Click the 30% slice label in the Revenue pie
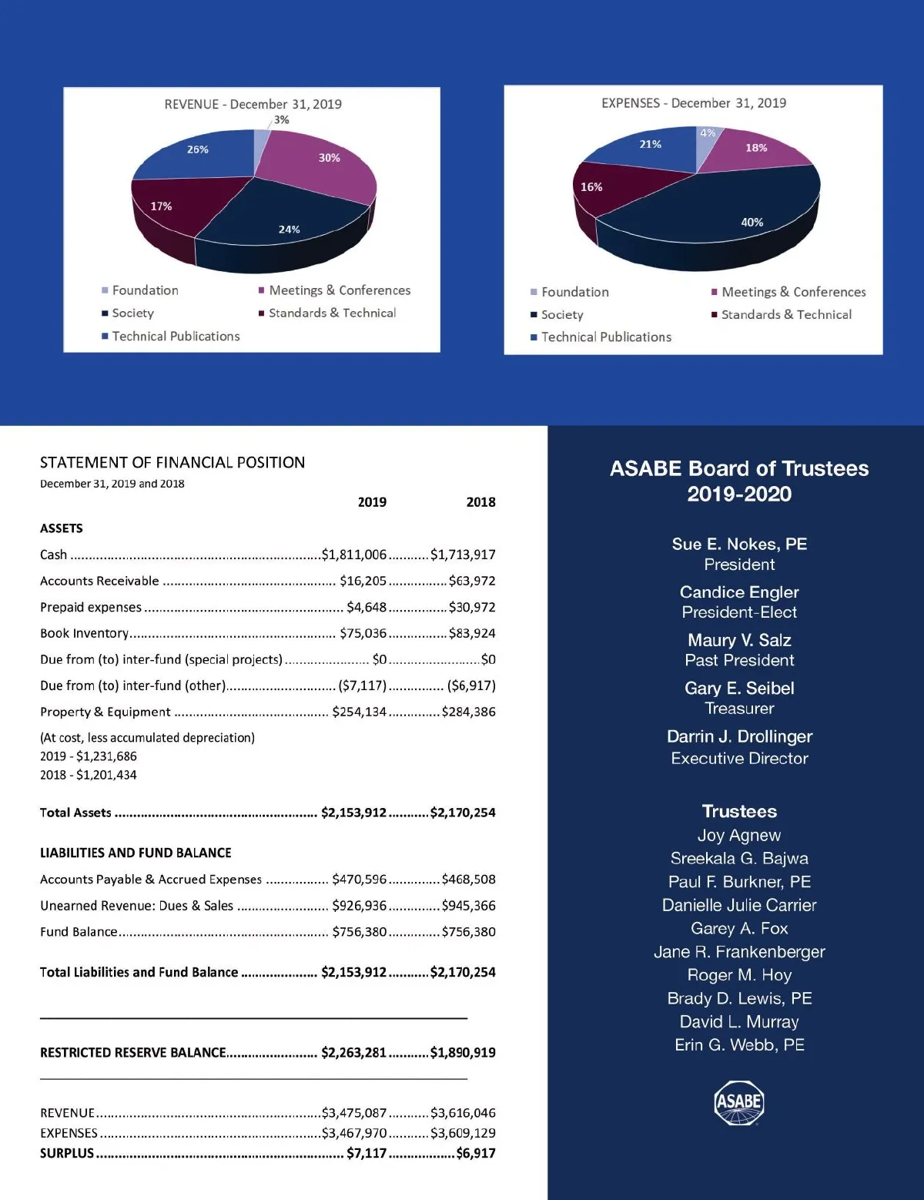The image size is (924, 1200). coord(329,158)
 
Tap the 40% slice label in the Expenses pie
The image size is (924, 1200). coord(752,223)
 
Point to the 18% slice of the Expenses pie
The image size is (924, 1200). coord(755,148)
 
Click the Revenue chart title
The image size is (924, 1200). coord(253,104)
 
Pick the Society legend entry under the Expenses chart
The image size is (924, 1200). coord(561,315)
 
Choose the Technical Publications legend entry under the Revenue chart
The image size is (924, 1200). coord(176,337)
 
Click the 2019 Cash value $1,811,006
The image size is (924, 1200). coord(354,555)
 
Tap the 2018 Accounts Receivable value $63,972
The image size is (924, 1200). coord(472,581)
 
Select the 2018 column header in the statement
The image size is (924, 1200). coord(480,502)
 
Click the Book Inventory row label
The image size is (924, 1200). coord(84,633)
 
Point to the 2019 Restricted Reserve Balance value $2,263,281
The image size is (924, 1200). coord(353,1052)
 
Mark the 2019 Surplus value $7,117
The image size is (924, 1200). coord(367,1153)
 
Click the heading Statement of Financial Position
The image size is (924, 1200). coord(172,463)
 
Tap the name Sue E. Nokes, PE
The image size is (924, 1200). coord(739,545)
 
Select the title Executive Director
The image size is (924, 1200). coord(739,759)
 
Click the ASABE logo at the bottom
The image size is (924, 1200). coord(739,1103)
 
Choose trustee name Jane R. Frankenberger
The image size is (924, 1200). coord(739,952)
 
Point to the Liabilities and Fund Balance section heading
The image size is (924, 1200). coord(136,853)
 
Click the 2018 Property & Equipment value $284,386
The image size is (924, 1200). coord(468,712)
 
